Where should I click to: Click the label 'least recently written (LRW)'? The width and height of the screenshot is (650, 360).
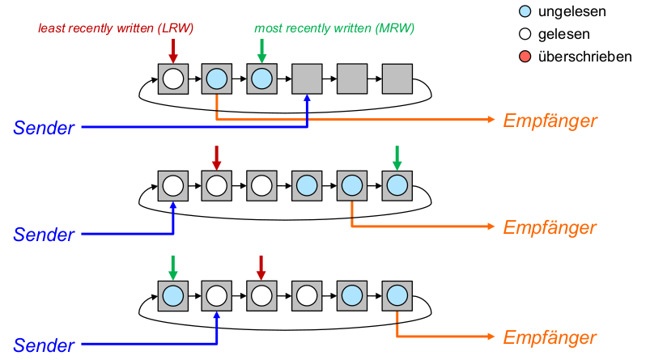(117, 28)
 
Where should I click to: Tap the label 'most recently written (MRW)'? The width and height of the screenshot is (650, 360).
(334, 28)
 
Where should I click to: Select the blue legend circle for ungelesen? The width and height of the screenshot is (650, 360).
(525, 12)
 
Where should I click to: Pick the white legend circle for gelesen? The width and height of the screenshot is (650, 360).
(525, 35)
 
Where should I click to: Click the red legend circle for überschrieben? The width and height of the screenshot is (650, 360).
(525, 57)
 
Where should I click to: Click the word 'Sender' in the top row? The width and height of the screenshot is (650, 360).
(44, 127)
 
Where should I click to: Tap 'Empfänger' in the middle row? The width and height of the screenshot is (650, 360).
(550, 227)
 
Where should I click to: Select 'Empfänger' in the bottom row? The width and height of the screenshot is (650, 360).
(550, 337)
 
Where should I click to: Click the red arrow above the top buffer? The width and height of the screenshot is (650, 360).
(172, 49)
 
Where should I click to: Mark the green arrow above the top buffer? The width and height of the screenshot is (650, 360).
(261, 49)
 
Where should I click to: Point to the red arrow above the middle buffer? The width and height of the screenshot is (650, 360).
(216, 157)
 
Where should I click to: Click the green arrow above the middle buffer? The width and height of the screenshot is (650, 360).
(397, 157)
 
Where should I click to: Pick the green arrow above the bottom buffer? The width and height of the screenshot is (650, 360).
(172, 266)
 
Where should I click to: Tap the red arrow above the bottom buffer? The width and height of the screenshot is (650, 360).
(261, 266)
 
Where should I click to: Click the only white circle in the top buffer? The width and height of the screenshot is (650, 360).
(172, 78)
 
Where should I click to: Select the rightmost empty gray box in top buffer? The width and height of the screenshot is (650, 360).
(397, 78)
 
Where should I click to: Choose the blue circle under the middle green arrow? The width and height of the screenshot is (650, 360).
(397, 185)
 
